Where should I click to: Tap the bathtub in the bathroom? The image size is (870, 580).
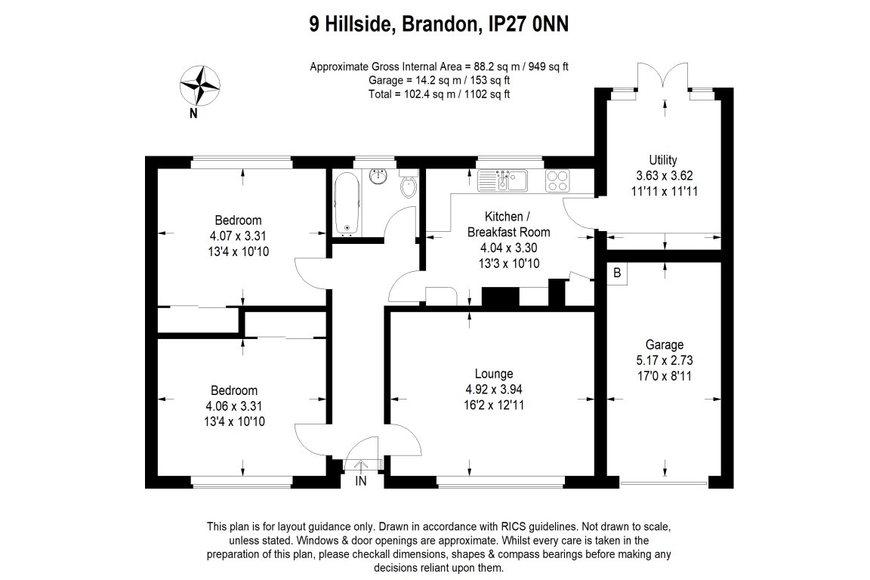click(347, 203)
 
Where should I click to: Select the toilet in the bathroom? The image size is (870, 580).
click(409, 185)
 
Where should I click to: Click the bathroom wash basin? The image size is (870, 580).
click(378, 177)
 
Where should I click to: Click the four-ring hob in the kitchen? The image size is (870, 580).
click(558, 180)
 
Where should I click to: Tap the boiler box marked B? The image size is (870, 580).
click(617, 273)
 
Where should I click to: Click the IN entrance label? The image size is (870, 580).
click(361, 481)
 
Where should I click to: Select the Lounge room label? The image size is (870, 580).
click(494, 374)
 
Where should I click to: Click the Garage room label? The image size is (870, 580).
click(664, 344)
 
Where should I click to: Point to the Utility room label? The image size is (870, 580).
click(663, 160)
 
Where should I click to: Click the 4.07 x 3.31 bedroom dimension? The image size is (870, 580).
click(239, 236)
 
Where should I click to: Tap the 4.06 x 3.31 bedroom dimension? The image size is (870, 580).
click(233, 406)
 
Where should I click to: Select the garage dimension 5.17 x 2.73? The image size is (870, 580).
click(664, 359)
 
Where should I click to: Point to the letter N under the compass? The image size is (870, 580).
click(194, 114)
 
